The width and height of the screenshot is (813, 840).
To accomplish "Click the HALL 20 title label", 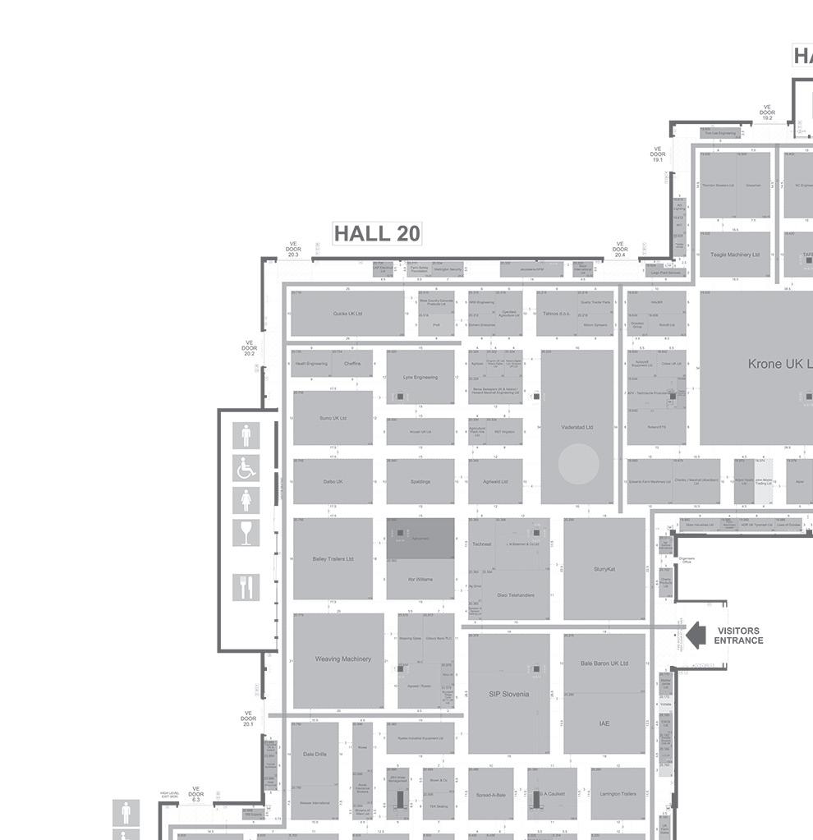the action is (x=377, y=234).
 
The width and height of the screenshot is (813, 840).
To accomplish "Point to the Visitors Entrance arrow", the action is (x=696, y=635).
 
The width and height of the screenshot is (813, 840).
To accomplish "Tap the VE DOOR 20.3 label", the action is (x=293, y=250).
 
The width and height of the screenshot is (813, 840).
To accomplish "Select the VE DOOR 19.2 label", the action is (x=767, y=112).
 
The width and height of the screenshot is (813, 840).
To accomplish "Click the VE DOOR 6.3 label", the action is (x=195, y=794).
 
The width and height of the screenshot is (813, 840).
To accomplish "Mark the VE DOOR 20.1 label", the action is (x=248, y=719).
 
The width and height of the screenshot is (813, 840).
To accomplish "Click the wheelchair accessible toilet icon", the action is (x=246, y=468).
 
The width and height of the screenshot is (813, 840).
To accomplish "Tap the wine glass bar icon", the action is (x=246, y=532).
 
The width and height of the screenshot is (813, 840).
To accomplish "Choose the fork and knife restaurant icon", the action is (x=246, y=586).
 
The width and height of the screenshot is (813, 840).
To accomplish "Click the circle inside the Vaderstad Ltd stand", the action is (x=578, y=463).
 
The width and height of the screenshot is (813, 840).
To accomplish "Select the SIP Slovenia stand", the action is (x=508, y=694).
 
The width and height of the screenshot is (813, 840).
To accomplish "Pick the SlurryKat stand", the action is (x=604, y=568).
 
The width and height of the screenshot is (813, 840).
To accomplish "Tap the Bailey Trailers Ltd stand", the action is (x=333, y=559).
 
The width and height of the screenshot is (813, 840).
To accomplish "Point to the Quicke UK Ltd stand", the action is (x=347, y=314).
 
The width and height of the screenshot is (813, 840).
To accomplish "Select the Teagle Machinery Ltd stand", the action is (x=735, y=255).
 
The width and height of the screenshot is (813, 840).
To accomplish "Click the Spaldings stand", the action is (x=420, y=482).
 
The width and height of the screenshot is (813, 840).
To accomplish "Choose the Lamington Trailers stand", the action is (x=618, y=794).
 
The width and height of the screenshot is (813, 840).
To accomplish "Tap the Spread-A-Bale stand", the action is (x=491, y=794).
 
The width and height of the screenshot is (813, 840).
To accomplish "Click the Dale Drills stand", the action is (x=315, y=754).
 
